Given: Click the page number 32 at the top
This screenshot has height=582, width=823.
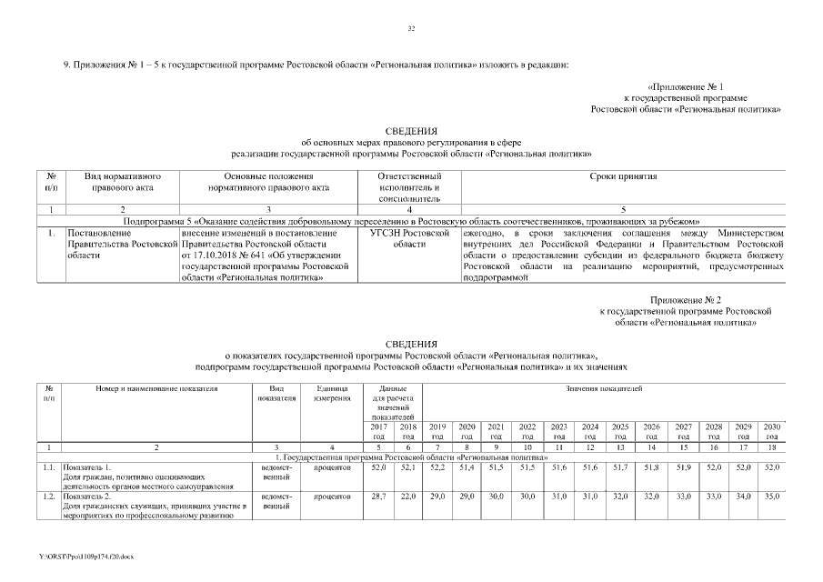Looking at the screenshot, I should click(411, 30).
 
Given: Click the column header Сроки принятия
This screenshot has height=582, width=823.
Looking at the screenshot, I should click(623, 176).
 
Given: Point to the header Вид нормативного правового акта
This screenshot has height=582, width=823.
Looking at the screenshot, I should click(123, 182).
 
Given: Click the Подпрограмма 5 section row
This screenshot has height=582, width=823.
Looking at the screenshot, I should click(411, 221).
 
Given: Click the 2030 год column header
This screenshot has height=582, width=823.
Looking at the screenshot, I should click(772, 431).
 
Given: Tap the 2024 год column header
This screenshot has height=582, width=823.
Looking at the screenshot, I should click(589, 431).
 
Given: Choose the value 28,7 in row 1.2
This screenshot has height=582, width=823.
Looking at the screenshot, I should click(380, 497).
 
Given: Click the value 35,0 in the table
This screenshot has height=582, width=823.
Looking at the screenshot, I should click(772, 497).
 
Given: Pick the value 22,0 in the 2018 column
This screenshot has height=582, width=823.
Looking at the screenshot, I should click(408, 497).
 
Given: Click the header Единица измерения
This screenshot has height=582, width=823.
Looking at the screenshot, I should click(332, 394).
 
